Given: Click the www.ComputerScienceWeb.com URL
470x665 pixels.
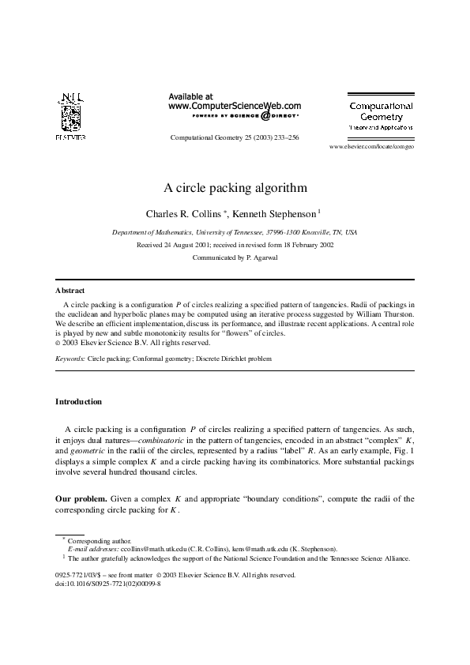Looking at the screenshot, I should click(235, 105).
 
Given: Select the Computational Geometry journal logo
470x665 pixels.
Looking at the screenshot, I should click(382, 115).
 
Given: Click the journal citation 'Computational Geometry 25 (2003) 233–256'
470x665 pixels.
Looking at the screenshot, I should click(235, 137).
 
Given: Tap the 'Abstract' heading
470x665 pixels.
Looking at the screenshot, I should click(70, 291).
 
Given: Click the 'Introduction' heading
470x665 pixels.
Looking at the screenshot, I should click(78, 401).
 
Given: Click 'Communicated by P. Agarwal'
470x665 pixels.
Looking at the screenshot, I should click(235, 257).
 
